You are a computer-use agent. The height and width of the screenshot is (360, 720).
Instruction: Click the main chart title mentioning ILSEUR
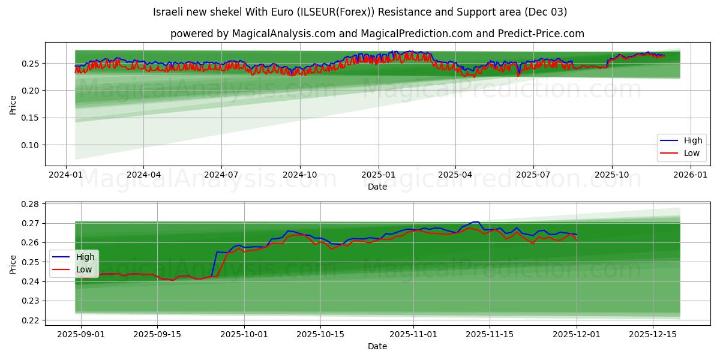(359, 12)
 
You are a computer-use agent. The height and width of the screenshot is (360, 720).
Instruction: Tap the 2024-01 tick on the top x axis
(65, 175)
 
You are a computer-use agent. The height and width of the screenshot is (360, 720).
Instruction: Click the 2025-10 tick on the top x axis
(612, 175)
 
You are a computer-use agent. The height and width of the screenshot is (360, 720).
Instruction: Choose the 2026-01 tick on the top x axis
(691, 175)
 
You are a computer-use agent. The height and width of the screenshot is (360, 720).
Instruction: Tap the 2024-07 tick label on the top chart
(221, 175)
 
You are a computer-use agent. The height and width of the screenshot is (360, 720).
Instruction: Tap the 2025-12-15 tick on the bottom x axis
(652, 334)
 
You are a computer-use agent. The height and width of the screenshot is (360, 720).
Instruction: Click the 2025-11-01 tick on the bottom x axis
(413, 334)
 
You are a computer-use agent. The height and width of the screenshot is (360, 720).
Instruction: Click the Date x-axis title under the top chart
(377, 187)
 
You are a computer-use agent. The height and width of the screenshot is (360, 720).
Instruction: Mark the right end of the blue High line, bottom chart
(577, 235)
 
